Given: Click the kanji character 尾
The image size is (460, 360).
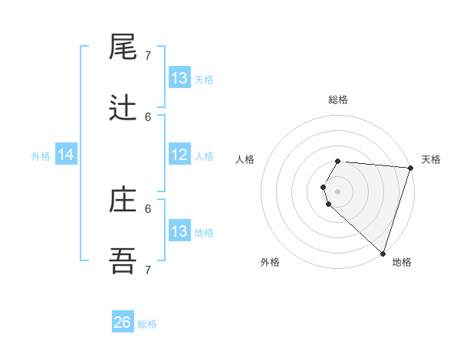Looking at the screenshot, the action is [123, 47].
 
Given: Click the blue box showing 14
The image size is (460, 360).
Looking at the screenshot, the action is [66, 155].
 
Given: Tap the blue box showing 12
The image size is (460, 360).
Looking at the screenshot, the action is [179, 155].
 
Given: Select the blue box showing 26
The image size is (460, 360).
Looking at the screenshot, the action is [123, 322].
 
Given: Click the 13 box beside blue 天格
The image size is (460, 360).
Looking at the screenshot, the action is [179, 78].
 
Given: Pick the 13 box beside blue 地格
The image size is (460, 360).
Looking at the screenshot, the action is [179, 231].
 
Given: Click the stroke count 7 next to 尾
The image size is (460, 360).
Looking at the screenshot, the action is [148, 56].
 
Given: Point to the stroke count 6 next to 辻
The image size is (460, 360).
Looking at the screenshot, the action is [148, 116].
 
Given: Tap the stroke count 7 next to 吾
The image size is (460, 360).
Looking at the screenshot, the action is [148, 270].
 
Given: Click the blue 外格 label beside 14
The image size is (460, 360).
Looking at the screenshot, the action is [41, 156].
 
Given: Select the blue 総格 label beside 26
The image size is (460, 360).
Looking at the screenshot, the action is [147, 324].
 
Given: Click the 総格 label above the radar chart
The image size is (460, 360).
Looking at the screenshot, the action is [338, 100].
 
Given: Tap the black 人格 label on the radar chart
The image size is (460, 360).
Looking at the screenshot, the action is [245, 159].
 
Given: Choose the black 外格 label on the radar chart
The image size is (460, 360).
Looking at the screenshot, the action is [270, 262].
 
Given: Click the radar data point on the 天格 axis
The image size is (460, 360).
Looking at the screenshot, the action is [410, 168].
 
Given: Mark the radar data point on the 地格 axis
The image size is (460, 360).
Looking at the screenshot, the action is [383, 254].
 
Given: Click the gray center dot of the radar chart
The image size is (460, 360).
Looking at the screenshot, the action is [338, 191].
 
